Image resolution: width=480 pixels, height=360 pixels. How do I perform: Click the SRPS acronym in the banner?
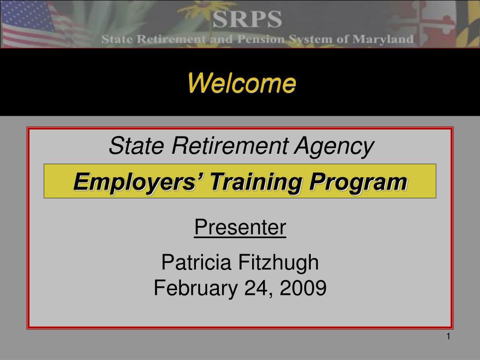click(247, 19)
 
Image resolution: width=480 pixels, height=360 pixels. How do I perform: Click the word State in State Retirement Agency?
click(136, 145)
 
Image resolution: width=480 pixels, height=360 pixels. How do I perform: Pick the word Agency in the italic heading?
click(334, 147)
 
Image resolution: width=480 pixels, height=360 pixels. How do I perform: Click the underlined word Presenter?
click(240, 227)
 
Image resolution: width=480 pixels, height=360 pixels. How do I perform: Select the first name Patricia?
click(196, 262)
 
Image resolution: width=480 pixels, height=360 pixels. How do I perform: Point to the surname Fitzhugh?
click(278, 262)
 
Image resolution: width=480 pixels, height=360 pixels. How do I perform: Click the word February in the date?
click(196, 288)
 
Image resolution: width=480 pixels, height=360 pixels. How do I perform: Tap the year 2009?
click(303, 288)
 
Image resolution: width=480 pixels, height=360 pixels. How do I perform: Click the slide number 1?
click(448, 337)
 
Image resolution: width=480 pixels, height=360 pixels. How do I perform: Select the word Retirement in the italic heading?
click(230, 145)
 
